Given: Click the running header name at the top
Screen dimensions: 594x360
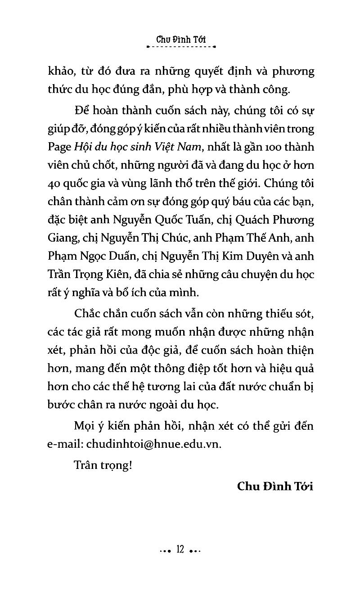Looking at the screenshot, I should [181, 39].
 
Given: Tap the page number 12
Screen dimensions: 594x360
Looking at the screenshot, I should [181, 549].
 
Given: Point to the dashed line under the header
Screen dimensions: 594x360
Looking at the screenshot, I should [181, 46].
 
